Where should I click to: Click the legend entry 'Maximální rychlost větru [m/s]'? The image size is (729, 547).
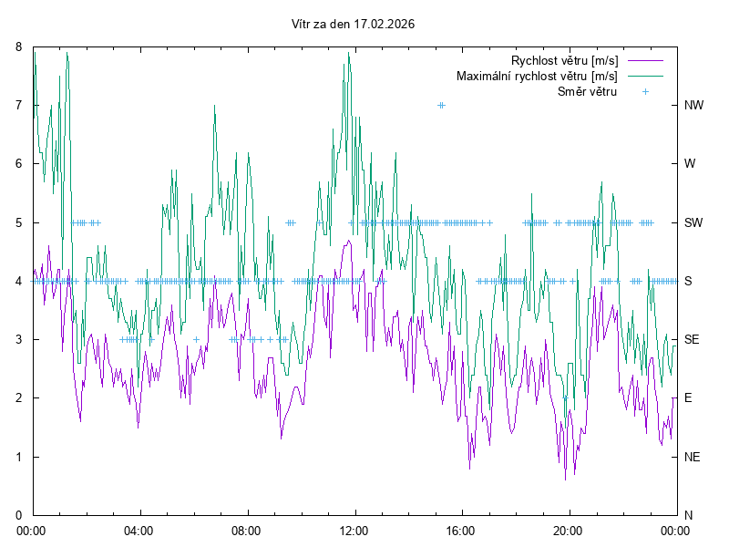coord(537,76)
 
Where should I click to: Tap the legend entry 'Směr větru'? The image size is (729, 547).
coord(587,91)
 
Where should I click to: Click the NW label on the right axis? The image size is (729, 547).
coord(694,105)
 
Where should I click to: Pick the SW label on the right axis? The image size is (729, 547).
coord(694,222)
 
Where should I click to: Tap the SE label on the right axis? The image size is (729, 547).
coord(693,339)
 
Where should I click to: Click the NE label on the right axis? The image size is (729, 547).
coord(693,457)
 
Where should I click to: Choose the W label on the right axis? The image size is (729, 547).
coord(690,164)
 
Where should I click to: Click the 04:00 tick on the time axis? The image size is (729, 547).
coord(139,530)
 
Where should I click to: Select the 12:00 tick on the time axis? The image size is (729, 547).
coord(354,530)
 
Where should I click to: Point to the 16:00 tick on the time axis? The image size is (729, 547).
coord(461,530)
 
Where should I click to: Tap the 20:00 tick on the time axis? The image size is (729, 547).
coord(568,530)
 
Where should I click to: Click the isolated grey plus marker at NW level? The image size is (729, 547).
coord(441,105)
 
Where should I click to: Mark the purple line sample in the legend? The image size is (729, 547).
coord(644,61)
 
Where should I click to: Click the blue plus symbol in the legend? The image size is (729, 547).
coord(644,91)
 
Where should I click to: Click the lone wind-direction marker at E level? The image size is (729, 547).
coord(565,398)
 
